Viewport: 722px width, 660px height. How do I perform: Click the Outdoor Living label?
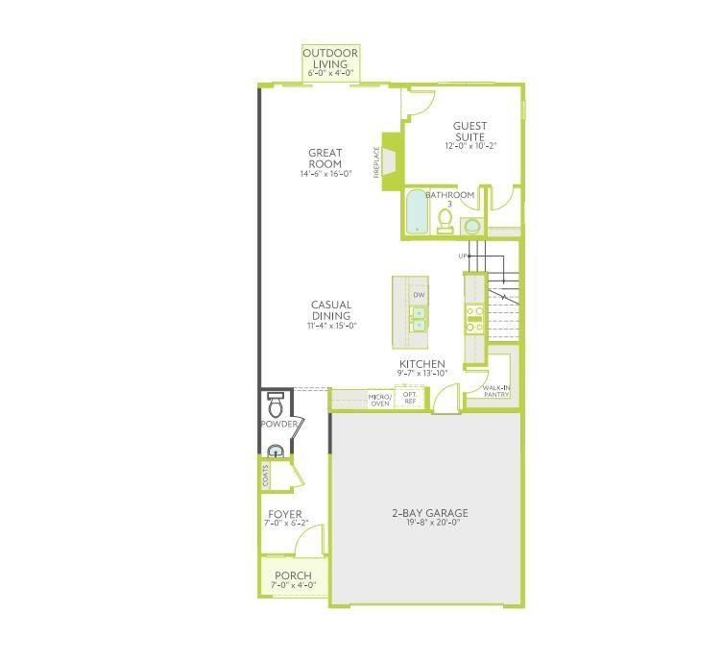[x=329, y=59]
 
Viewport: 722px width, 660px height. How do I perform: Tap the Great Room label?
[x=325, y=158]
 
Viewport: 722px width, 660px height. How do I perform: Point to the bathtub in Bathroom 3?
[x=416, y=213]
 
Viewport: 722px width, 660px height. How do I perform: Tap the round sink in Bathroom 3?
[x=471, y=227]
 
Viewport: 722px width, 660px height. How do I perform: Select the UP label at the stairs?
[x=463, y=257]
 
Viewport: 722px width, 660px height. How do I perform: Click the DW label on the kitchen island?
[x=419, y=294]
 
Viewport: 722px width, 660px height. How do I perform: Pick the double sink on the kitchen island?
[x=419, y=319]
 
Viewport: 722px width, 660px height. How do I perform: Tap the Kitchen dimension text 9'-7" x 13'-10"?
[x=422, y=373]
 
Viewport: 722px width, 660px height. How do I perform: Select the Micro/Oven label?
[x=380, y=399]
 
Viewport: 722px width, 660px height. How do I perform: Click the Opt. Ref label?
[x=409, y=397]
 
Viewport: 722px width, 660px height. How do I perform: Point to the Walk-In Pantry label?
[x=496, y=390]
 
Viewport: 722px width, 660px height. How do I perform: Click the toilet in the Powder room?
[x=276, y=401]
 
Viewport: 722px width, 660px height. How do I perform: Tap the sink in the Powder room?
[x=275, y=451]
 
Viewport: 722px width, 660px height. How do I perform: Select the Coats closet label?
[x=265, y=474]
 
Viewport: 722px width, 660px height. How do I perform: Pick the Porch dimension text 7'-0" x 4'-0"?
[x=293, y=585]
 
